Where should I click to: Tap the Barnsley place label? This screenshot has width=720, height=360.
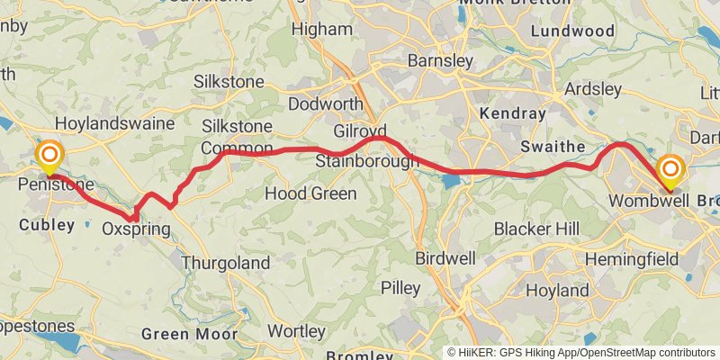(x=440, y=61)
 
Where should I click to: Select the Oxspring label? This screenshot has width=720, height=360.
(x=136, y=229)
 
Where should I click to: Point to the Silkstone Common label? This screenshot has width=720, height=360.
(x=237, y=137)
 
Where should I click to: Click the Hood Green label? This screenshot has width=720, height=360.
(x=310, y=193)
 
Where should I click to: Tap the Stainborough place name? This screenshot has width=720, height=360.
(x=366, y=162)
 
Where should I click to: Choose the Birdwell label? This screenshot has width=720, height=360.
(x=445, y=258)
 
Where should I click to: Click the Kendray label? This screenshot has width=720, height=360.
(x=513, y=114)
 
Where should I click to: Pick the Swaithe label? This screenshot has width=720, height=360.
(x=553, y=147)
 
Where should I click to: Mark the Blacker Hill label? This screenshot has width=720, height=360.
(x=536, y=229)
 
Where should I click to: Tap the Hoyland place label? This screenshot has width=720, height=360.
(x=557, y=291)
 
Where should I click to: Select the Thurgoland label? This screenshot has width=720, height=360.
(x=225, y=264)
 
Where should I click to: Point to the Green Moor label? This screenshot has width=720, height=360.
(x=189, y=334)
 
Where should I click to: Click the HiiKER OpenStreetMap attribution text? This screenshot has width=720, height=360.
(x=581, y=352)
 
